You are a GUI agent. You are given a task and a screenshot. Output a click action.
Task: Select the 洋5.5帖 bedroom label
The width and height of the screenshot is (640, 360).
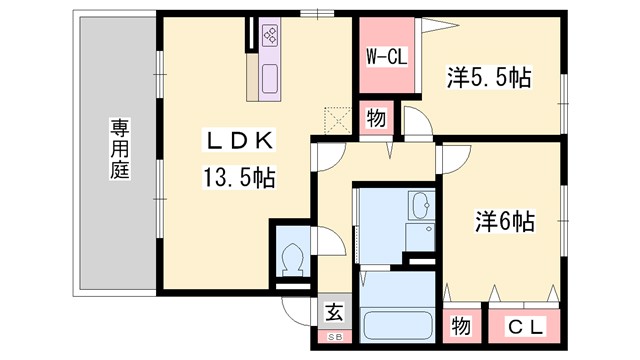pos(488,75)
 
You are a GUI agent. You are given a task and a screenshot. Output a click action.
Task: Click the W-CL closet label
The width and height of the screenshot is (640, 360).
pos(385,56)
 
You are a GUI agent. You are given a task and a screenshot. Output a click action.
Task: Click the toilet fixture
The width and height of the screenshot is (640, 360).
pos(294,260)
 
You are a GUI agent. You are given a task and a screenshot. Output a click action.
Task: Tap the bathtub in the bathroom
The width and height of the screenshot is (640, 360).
pos(396,326)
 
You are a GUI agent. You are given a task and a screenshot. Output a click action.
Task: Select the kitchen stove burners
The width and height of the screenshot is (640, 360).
pos(270,38)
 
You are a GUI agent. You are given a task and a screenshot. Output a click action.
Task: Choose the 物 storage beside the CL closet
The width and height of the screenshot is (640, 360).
pos(461,327)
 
